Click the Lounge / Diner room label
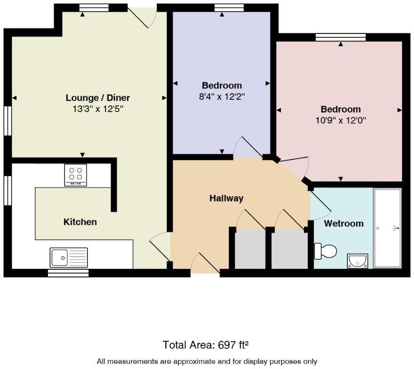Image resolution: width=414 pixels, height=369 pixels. tap(97, 98)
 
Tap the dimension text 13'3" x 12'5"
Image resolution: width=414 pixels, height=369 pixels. tap(97, 109)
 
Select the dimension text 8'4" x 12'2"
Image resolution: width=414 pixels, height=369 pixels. tap(222, 96)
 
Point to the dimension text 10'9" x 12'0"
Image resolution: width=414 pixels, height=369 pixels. tap(341, 120)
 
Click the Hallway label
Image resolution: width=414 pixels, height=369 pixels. tap(226, 198)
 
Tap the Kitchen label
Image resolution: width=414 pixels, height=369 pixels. tap(80, 222)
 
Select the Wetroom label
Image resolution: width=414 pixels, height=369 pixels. tap(343, 224)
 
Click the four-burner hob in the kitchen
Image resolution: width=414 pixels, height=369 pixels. tap(76, 175)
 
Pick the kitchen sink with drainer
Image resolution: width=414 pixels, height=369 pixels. tap(69, 257)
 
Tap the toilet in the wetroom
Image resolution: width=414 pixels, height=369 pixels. tap(326, 251)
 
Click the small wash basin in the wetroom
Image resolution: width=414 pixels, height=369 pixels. tap(358, 260)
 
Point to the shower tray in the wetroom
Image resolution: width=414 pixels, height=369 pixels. tap(387, 228)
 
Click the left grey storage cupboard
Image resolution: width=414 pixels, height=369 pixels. tap(249, 249)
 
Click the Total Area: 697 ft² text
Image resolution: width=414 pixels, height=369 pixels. tap(206, 345)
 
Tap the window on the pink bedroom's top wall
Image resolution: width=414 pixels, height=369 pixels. tap(340, 38)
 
